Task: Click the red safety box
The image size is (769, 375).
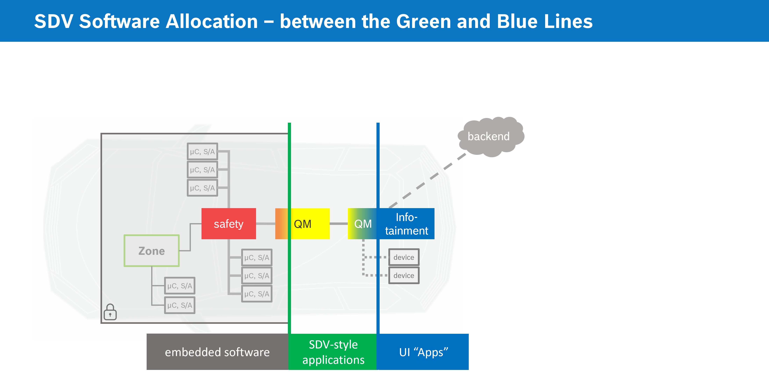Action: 229,224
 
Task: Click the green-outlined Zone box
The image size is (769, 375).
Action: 152,251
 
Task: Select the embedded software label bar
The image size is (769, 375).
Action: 217,352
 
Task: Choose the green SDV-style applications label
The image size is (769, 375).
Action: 333,352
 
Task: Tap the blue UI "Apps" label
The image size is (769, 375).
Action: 423,352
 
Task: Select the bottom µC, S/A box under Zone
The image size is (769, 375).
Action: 180,305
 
